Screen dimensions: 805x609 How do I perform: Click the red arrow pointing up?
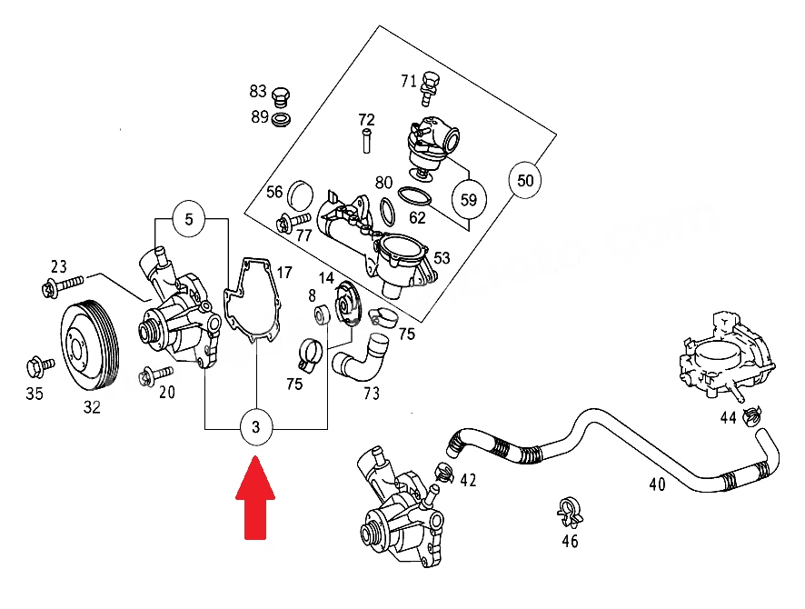coord(255,498)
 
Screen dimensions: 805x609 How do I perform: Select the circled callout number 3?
coord(256,427)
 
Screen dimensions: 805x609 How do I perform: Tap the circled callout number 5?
coord(189,219)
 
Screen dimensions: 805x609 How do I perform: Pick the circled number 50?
coord(524,180)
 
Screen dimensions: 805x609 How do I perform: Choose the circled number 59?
coord(468,200)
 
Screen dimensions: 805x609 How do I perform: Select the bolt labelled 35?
coord(39,366)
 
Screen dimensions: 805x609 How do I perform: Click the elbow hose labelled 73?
coord(362,358)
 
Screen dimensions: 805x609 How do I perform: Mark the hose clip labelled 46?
coord(570,512)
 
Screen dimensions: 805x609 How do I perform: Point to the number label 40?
coord(658,484)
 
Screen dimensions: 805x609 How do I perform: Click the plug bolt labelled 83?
coord(281,97)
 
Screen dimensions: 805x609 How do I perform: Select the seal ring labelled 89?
coord(281,120)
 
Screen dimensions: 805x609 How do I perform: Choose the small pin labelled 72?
coord(366,141)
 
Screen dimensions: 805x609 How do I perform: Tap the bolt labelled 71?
coord(429,89)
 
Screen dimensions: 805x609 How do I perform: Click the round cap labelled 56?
coord(300,195)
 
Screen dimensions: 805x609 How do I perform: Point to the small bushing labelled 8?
coord(322,314)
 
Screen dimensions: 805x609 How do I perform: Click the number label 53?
coord(442,258)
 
